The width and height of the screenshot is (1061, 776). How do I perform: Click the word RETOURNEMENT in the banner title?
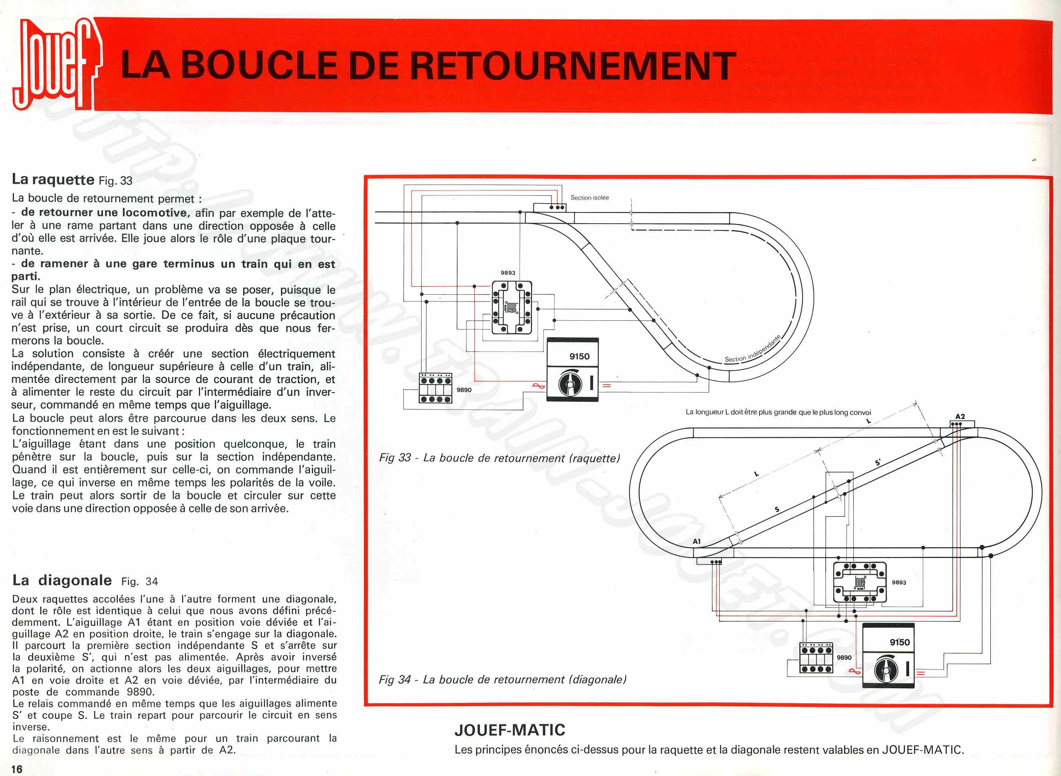coord(573,66)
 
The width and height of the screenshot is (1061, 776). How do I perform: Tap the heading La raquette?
coord(53,179)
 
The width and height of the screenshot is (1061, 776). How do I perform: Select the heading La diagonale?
coord(62,581)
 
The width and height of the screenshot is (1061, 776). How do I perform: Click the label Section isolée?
coord(589,198)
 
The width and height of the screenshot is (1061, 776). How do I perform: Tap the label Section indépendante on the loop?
coord(753,349)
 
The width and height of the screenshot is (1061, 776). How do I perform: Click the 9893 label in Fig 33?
coord(508,273)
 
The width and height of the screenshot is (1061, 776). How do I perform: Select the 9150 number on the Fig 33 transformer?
coord(579,357)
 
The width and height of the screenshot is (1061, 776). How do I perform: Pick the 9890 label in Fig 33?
coord(464,390)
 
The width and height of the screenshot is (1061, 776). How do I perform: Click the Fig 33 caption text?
coord(500,458)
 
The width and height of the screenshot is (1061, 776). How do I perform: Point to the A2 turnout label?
coord(960,417)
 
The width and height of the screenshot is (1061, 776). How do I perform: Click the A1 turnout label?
coord(696,542)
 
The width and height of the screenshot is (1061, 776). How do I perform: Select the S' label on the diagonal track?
coord(878,463)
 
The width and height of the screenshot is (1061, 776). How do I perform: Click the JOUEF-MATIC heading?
coord(510,730)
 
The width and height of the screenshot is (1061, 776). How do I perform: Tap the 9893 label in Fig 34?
coord(898,582)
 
